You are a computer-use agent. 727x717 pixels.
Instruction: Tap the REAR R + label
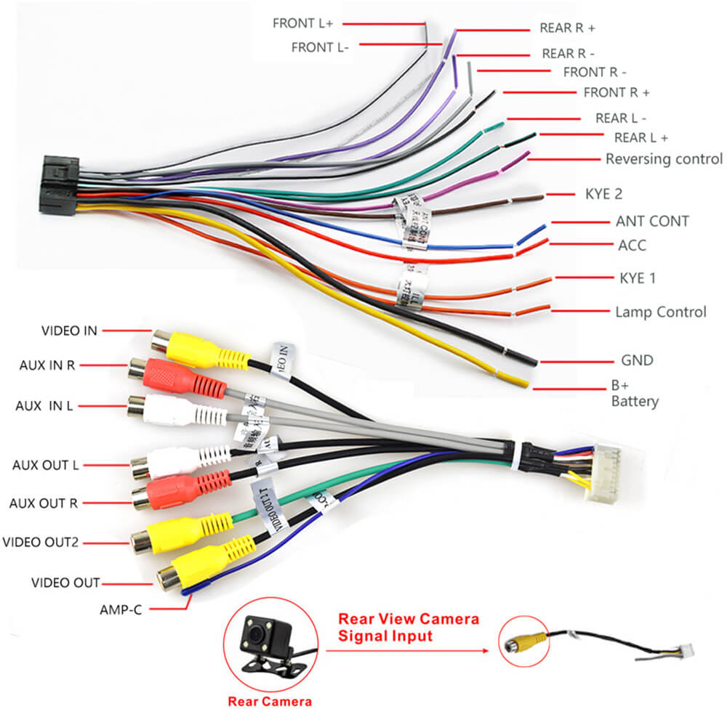567,28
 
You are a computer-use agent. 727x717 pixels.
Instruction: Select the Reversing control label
664,159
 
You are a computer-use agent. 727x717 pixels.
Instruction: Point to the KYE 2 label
603,195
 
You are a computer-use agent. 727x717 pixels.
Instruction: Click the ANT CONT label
652,222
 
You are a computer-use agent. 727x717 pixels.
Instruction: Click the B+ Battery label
634,394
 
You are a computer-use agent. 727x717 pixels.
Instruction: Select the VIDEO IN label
69,331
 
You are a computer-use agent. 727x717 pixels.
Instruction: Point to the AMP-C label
121,609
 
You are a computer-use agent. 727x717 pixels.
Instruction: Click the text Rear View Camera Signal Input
409,627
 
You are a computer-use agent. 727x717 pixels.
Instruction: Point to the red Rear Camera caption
270,702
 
